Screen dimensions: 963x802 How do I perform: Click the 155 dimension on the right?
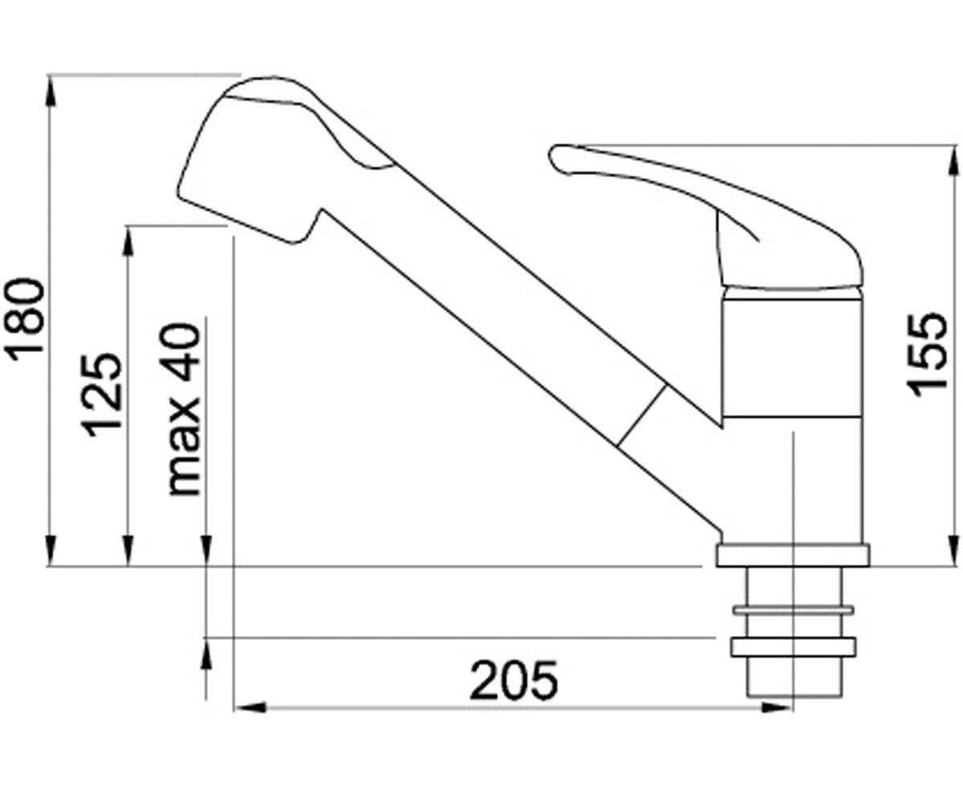[x=927, y=354]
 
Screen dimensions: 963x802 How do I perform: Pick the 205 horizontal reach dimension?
[x=514, y=681]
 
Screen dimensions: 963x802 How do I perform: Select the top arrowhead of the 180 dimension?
[x=51, y=91]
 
